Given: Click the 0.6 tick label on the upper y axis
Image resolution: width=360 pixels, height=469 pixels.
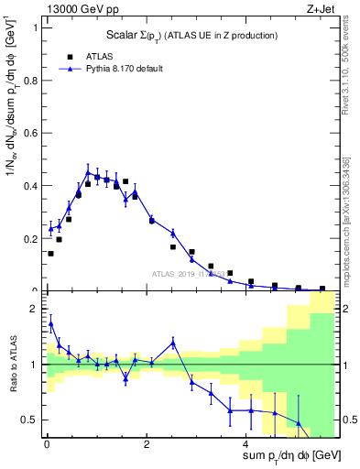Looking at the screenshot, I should point(29,133).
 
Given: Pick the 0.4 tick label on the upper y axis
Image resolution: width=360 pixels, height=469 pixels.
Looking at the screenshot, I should point(29,186).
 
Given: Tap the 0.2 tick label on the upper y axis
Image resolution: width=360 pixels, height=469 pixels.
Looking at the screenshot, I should point(29,239).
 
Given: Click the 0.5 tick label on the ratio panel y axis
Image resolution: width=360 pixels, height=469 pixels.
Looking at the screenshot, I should point(29,420).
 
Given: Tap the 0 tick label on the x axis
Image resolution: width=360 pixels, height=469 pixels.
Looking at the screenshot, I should point(47,444).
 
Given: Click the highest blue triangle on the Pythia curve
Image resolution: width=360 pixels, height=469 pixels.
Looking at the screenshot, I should point(88,172).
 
